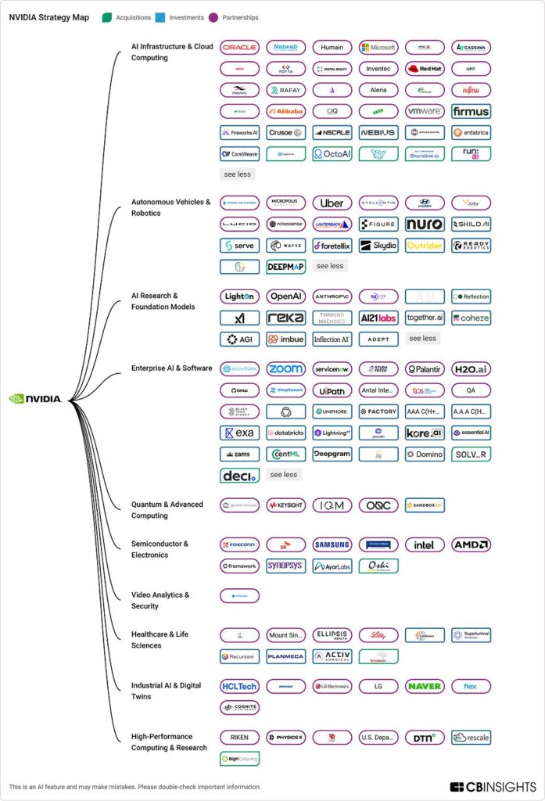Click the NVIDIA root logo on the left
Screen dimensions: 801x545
pyautogui.click(x=35, y=398)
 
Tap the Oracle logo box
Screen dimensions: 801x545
pyautogui.click(x=239, y=47)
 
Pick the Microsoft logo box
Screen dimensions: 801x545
pyautogui.click(x=378, y=47)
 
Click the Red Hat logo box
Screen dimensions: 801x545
pyautogui.click(x=425, y=68)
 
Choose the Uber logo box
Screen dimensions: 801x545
pyautogui.click(x=332, y=203)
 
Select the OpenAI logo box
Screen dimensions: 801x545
pyautogui.click(x=285, y=296)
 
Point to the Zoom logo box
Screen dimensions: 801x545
pyautogui.click(x=285, y=368)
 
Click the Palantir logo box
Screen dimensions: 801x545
pyautogui.click(x=425, y=368)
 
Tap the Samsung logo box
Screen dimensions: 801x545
pyautogui.click(x=332, y=544)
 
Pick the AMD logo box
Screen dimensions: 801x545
pyautogui.click(x=471, y=544)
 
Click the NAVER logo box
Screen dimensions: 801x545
pyautogui.click(x=425, y=686)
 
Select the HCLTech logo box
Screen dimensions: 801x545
pyautogui.click(x=239, y=686)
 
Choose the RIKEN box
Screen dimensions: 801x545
pyautogui.click(x=239, y=737)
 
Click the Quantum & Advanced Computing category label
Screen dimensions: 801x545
pyautogui.click(x=167, y=510)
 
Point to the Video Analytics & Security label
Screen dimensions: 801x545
pyautogui.click(x=160, y=600)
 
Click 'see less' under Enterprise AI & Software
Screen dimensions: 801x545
pyautogui.click(x=285, y=474)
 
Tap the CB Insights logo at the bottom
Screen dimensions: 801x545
pyautogui.click(x=493, y=786)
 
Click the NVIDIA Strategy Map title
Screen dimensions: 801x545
pyautogui.click(x=48, y=17)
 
